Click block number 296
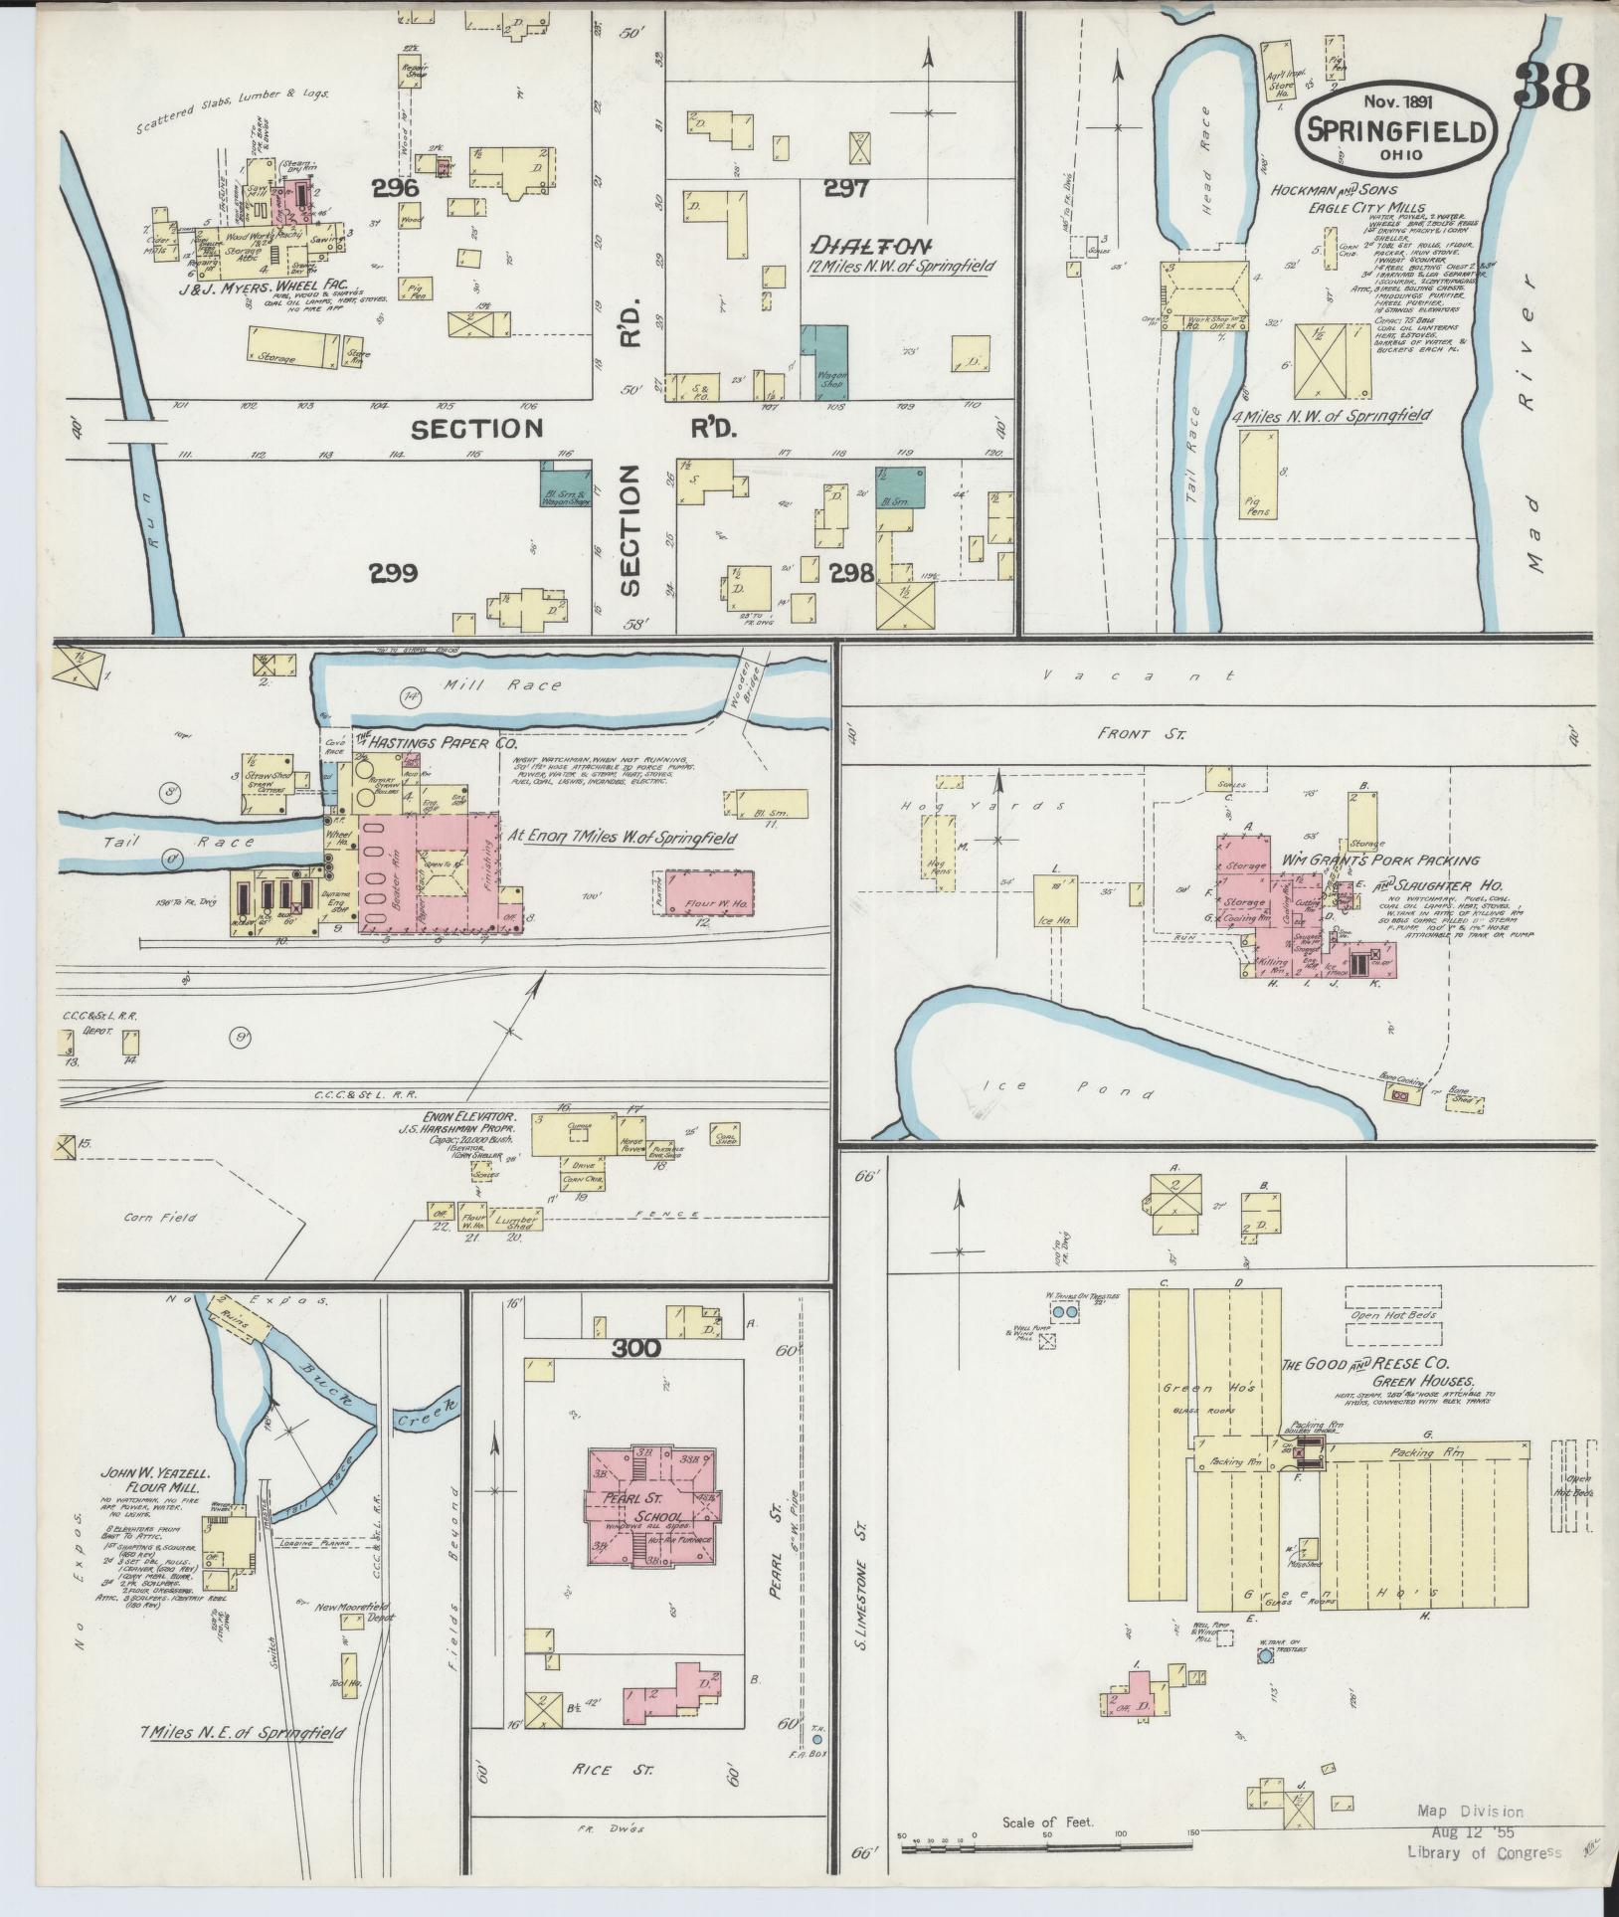pyautogui.click(x=396, y=188)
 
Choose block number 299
pyautogui.click(x=393, y=573)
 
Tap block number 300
pyautogui.click(x=636, y=1348)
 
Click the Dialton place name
pyautogui.click(x=872, y=245)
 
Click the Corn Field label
pyautogui.click(x=160, y=1217)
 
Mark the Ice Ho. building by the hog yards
pyautogui.click(x=1056, y=905)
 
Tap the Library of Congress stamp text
pyautogui.click(x=1484, y=1851)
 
